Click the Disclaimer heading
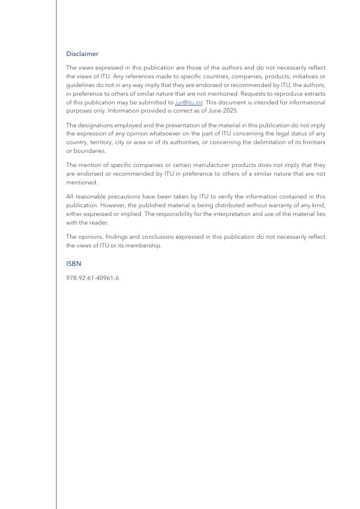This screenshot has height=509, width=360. coord(82,54)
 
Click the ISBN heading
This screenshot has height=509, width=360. coord(73,264)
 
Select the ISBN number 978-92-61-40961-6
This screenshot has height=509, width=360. coord(92,278)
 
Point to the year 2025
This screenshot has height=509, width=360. coord(230,111)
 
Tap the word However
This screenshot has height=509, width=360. coord(111,205)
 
